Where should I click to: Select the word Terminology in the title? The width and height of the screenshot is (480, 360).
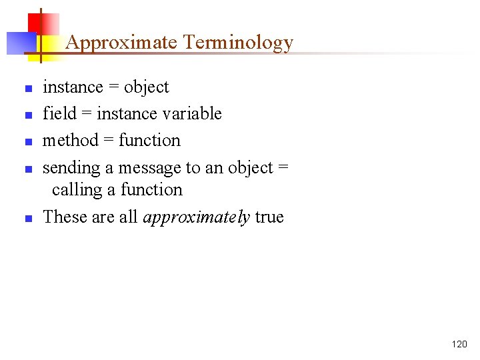click(x=238, y=43)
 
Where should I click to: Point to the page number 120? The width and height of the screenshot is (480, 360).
click(x=459, y=344)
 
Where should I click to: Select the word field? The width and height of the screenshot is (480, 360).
click(x=60, y=114)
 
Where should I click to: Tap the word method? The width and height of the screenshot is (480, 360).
click(x=70, y=141)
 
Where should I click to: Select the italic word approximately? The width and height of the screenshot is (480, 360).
click(x=197, y=217)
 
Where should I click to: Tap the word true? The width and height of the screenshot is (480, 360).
click(x=269, y=217)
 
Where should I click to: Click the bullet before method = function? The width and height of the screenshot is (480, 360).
click(x=28, y=142)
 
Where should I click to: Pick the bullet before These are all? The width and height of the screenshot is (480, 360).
click(x=28, y=219)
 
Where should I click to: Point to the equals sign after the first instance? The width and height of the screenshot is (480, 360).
click(x=113, y=87)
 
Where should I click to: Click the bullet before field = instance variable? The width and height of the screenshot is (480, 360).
click(x=28, y=115)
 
